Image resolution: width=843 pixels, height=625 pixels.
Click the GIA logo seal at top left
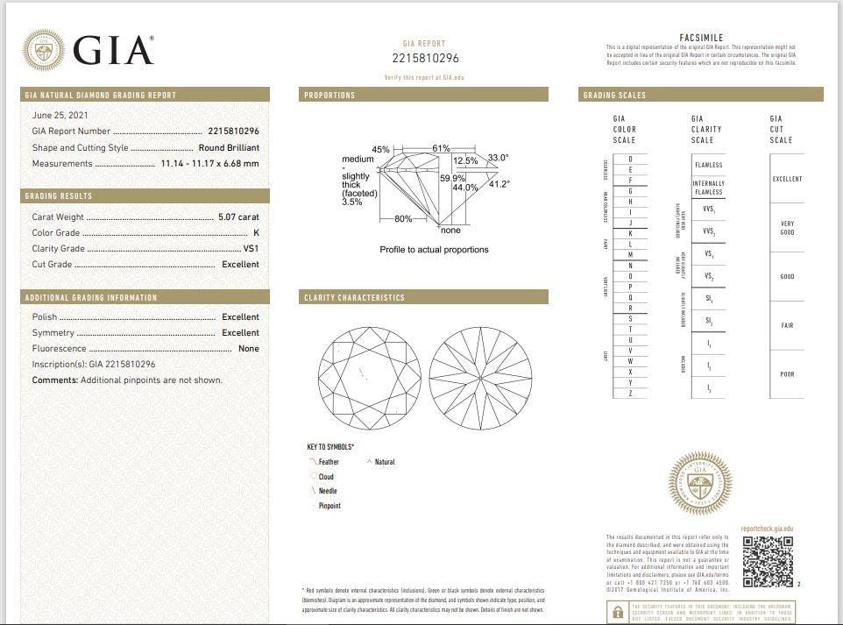click(x=42, y=50)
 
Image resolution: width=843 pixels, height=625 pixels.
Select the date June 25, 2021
click(x=60, y=115)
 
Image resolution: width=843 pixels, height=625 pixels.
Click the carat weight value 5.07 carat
click(x=237, y=217)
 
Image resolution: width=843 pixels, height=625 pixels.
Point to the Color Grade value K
click(x=256, y=232)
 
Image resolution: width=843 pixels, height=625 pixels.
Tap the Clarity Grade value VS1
click(x=251, y=248)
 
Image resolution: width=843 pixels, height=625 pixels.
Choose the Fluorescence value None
click(x=248, y=348)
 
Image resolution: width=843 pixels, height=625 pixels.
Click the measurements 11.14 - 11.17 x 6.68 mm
click(x=209, y=163)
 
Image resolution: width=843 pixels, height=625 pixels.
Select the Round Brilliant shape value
click(x=229, y=147)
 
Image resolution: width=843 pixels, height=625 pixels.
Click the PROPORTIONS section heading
click(x=329, y=95)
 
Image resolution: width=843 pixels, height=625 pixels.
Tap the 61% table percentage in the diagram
click(x=441, y=148)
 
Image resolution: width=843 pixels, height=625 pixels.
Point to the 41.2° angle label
click(x=499, y=184)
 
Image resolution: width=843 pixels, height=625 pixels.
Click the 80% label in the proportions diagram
click(x=403, y=218)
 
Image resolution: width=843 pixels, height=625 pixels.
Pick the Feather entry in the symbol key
click(x=328, y=461)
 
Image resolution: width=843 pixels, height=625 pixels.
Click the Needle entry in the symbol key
click(x=327, y=491)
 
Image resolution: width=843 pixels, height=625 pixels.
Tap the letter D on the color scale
click(x=630, y=159)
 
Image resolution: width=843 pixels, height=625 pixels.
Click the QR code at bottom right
click(x=768, y=561)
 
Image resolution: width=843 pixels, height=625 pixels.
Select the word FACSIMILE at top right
click(x=701, y=38)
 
